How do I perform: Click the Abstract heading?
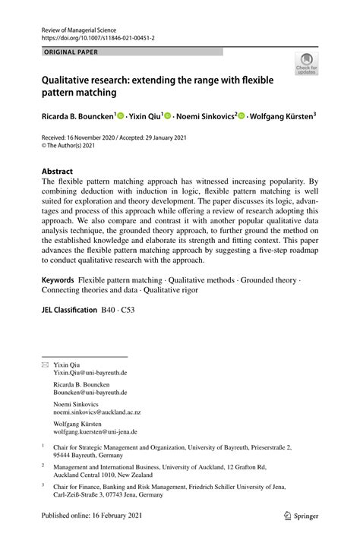[57, 172]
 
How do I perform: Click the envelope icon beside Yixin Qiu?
[44, 365]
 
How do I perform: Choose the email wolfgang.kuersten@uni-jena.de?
[95, 431]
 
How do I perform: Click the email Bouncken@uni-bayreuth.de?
[90, 393]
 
